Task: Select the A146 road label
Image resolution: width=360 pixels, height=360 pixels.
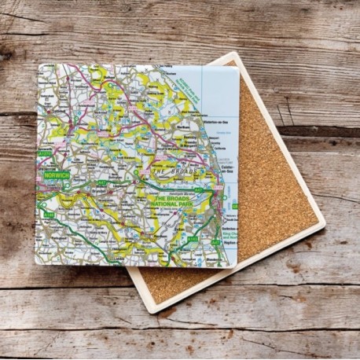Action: coord(50,214)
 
